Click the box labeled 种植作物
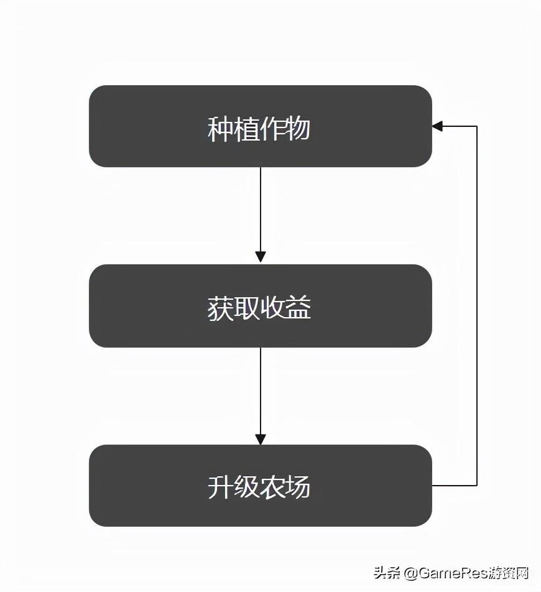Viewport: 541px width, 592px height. [261, 126]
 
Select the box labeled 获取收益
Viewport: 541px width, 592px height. [261, 306]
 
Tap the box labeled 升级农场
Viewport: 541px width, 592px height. [261, 486]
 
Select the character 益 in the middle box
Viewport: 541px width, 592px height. [298, 308]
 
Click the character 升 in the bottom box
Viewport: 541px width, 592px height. [221, 487]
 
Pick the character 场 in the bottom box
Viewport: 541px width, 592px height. [298, 487]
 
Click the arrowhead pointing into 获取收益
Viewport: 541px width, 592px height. [261, 257]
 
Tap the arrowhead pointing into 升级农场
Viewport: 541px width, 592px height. [261, 439]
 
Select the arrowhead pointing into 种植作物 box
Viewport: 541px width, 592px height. [438, 126]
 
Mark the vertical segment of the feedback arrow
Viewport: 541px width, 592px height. [477, 306]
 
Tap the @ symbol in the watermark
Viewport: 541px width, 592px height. [411, 573]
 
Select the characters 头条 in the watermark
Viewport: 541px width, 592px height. [387, 573]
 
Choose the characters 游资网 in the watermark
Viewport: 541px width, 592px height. [510, 573]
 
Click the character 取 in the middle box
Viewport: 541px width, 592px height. [246, 308]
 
